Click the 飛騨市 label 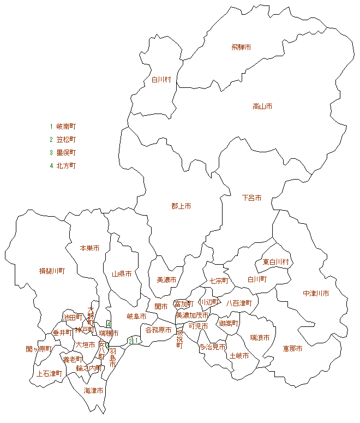pyautogui.click(x=241, y=47)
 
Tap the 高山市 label pyautogui.click(x=262, y=106)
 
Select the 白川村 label pyautogui.click(x=161, y=80)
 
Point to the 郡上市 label pyautogui.click(x=181, y=206)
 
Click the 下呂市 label pyautogui.click(x=251, y=198)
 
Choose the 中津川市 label pyautogui.click(x=316, y=294)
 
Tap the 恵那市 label pyautogui.click(x=292, y=348)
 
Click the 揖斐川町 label pyautogui.click(x=52, y=271)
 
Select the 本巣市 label pyautogui.click(x=89, y=248)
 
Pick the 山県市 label pyautogui.click(x=122, y=274)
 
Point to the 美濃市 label pyautogui.click(x=166, y=280)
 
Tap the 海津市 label pyautogui.click(x=93, y=391)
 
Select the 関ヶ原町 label pyautogui.click(x=38, y=349)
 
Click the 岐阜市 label pyautogui.click(x=136, y=316)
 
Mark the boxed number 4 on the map pyautogui.click(x=109, y=324)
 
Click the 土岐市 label pyautogui.click(x=239, y=356)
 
